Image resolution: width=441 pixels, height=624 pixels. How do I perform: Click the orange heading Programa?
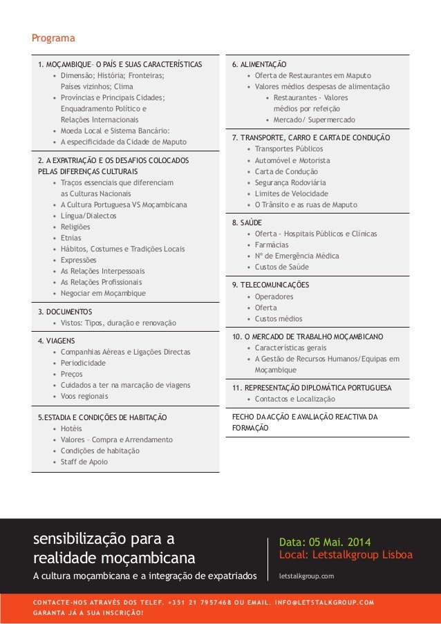53,37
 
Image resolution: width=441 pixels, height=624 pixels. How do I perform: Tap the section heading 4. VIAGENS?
57,341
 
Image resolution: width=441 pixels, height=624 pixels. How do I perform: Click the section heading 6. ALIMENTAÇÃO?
259,64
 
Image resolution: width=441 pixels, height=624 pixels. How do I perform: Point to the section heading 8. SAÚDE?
247,223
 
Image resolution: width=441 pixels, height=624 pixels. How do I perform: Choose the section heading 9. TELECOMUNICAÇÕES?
270,285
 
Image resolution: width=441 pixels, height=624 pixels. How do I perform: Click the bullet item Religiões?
75,227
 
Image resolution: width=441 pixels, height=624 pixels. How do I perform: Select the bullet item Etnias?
71,238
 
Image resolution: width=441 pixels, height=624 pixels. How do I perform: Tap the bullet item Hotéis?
72,428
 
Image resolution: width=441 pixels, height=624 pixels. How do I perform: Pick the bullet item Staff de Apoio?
84,462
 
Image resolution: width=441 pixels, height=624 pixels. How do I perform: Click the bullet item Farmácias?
272,245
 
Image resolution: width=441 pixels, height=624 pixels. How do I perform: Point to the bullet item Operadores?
274,296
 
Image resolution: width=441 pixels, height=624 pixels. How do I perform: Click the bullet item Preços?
72,374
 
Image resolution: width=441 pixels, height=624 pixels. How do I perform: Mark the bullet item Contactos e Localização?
294,399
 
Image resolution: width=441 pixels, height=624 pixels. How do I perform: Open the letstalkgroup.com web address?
306,575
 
